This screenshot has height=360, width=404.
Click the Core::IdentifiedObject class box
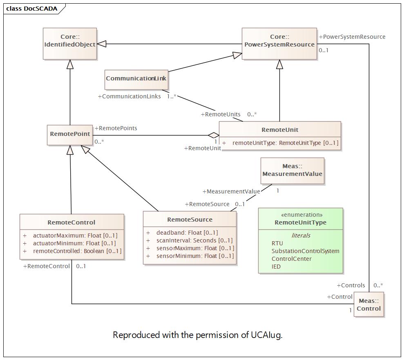[70, 44]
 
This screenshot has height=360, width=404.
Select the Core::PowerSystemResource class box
[279, 44]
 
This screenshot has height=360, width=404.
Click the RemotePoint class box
[69, 134]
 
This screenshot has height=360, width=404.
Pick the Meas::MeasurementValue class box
[292, 171]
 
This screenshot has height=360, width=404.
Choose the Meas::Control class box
[368, 304]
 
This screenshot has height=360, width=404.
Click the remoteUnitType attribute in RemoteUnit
[285, 143]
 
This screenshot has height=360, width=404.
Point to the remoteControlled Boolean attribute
[77, 251]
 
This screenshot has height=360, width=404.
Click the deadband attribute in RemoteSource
[187, 233]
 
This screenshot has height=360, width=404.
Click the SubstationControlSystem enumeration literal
[305, 251]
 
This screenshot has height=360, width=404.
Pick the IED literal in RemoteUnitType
[276, 267]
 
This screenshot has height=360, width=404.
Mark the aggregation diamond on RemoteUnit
[213, 135]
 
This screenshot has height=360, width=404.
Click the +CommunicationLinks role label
[129, 97]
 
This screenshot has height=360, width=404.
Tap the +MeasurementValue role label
[231, 191]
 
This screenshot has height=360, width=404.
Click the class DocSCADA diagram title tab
[32, 9]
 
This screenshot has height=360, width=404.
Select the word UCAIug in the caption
[266, 335]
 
